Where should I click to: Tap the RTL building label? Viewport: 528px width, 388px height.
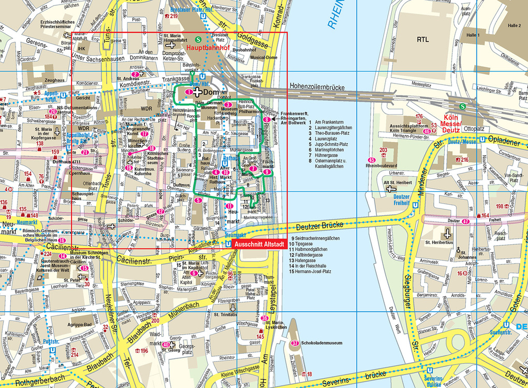pyautogui.click(x=423, y=39)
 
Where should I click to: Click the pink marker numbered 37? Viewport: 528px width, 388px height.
pyautogui.click(x=295, y=343)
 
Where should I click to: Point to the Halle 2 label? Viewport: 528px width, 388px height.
pyautogui.click(x=515, y=25)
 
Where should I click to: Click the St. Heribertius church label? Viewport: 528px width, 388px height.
pyautogui.click(x=439, y=242)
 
